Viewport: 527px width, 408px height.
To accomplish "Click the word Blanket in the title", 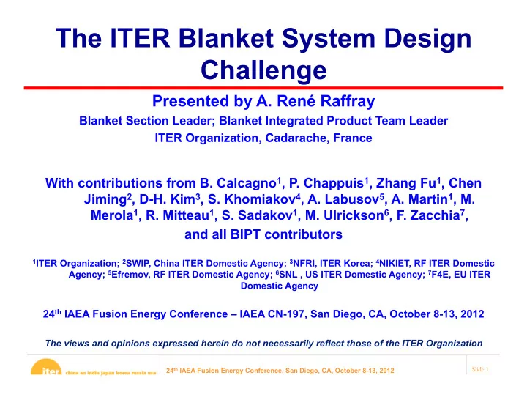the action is (x=225, y=38).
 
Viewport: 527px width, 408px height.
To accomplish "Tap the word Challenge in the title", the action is (x=263, y=70).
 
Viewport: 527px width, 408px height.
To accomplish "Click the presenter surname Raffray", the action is (x=347, y=101).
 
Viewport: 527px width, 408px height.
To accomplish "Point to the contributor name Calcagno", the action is (x=247, y=183).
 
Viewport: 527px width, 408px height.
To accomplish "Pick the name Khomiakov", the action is (x=260, y=199).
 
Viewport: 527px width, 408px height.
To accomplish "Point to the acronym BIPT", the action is (x=245, y=234).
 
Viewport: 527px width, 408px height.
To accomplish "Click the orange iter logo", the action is (x=46, y=367).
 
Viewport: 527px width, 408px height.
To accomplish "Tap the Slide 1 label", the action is (x=480, y=369).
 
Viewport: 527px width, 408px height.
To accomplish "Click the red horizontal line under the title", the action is (x=263, y=88).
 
